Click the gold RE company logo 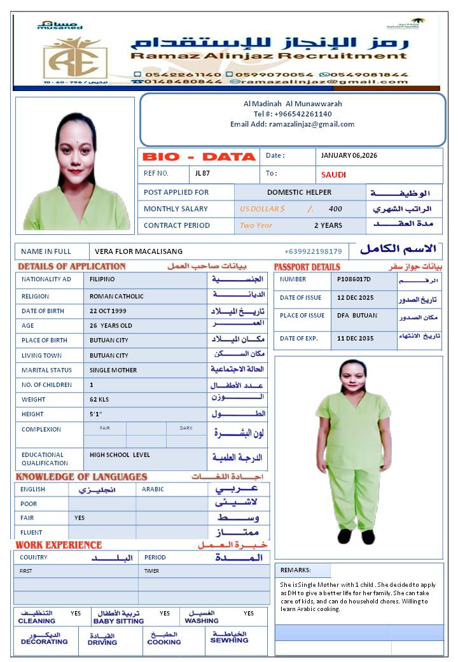point(75,57)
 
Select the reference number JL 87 point(203,173)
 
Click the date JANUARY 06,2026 point(349,156)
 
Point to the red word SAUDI point(333,174)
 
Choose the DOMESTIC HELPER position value point(299,192)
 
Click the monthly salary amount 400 point(335,209)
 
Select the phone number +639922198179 point(313,251)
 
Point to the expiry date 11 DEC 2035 point(356,339)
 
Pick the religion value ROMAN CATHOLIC point(116,296)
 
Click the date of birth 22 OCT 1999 point(108,311)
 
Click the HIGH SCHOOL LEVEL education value point(120,455)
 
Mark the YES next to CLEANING point(76,614)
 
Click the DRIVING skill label point(102,642)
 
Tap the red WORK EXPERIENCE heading point(59,545)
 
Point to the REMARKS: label point(296,570)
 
